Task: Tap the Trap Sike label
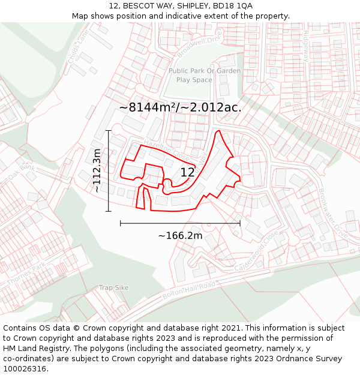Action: pos(114,288)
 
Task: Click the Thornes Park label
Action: pos(26,274)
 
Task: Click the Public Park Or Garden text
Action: pos(205,71)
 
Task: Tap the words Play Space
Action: pos(194,80)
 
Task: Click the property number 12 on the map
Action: pos(187,173)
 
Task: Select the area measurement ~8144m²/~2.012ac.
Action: pos(180,107)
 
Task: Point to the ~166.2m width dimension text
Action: pos(180,236)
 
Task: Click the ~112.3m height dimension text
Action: pos(97,171)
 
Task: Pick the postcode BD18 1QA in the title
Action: pos(233,5)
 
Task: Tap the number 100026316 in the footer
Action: pos(25,369)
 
